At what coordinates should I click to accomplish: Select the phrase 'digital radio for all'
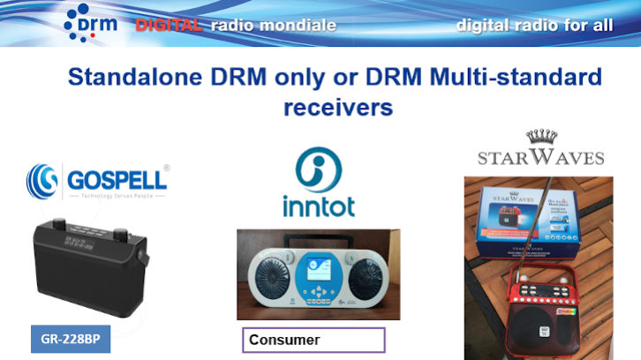(534, 25)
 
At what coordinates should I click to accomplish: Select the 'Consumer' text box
(313, 340)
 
